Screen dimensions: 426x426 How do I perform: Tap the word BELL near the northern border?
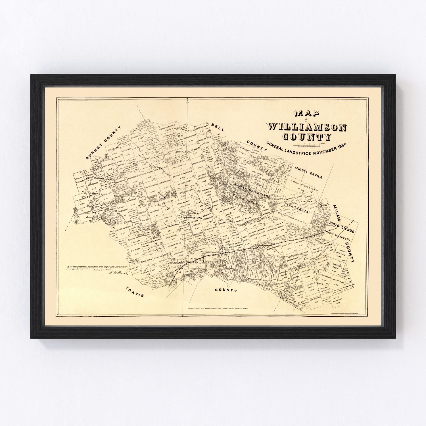[218, 127]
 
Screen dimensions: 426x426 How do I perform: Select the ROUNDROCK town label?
[177, 263]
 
